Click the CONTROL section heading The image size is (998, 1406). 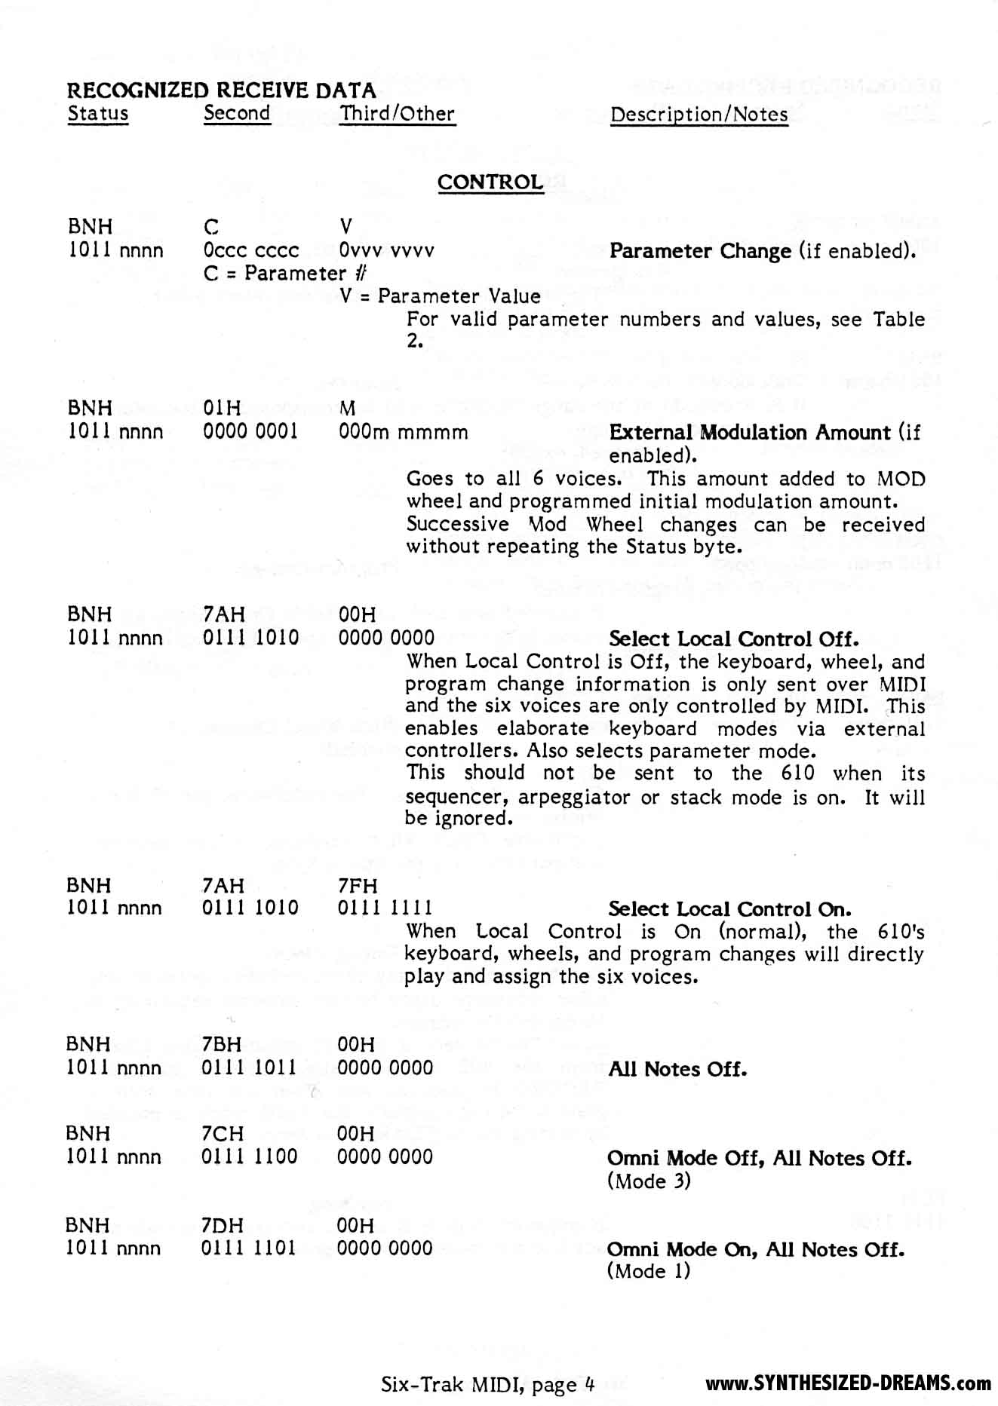point(490,182)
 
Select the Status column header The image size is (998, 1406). point(98,114)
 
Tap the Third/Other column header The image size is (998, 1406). point(398,114)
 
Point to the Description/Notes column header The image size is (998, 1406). point(699,115)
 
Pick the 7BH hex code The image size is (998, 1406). point(222,1044)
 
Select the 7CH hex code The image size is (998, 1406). point(222,1133)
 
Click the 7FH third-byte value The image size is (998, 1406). point(358,886)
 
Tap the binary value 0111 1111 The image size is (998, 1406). point(385,908)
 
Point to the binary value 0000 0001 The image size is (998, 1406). point(250,431)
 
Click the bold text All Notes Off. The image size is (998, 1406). point(677,1069)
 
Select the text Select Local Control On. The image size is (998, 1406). point(729,909)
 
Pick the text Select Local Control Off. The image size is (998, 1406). point(733,639)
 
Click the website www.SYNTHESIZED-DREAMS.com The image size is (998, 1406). point(848,1383)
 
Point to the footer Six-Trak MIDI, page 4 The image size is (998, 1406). point(488,1384)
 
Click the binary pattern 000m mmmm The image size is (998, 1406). point(403,432)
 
